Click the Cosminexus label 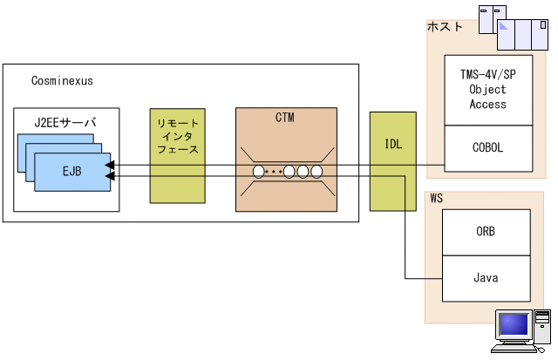pyautogui.click(x=62, y=81)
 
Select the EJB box pyautogui.click(x=71, y=171)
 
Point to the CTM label pyautogui.click(x=284, y=118)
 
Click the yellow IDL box pyautogui.click(x=393, y=161)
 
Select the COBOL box pyautogui.click(x=487, y=147)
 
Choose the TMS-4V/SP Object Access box pyautogui.click(x=487, y=91)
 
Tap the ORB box pyautogui.click(x=487, y=233)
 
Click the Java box pyautogui.click(x=487, y=278)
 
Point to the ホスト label pyautogui.click(x=445, y=28)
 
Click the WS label pyautogui.click(x=437, y=200)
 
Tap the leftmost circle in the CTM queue pyautogui.click(x=259, y=171)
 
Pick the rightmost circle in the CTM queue pyautogui.click(x=317, y=171)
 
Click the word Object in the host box pyautogui.click(x=487, y=91)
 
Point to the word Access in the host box pyautogui.click(x=487, y=104)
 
